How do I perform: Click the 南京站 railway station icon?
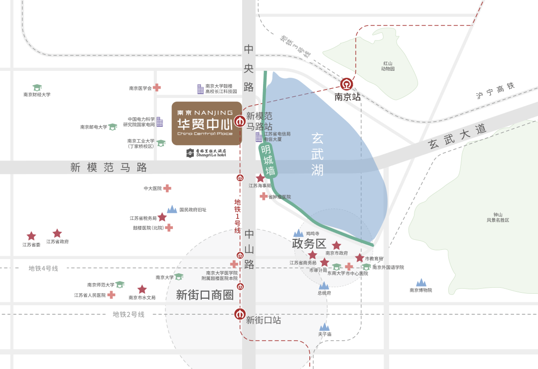(347, 83)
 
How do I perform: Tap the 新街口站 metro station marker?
(240, 315)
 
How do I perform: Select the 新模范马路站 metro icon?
(240, 121)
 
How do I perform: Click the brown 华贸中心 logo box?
(207, 124)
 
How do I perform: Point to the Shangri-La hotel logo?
(206, 153)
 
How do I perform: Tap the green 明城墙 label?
(268, 160)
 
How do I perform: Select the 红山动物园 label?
(389, 66)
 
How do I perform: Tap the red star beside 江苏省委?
(31, 236)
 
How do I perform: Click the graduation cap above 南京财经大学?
(37, 87)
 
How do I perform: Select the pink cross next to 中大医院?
(167, 188)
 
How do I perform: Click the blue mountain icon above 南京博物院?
(421, 283)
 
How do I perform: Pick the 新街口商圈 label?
(205, 295)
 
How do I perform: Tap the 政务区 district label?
(309, 244)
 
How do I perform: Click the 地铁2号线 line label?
(129, 314)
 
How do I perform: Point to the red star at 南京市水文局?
(142, 289)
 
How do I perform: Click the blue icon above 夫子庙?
(325, 326)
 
